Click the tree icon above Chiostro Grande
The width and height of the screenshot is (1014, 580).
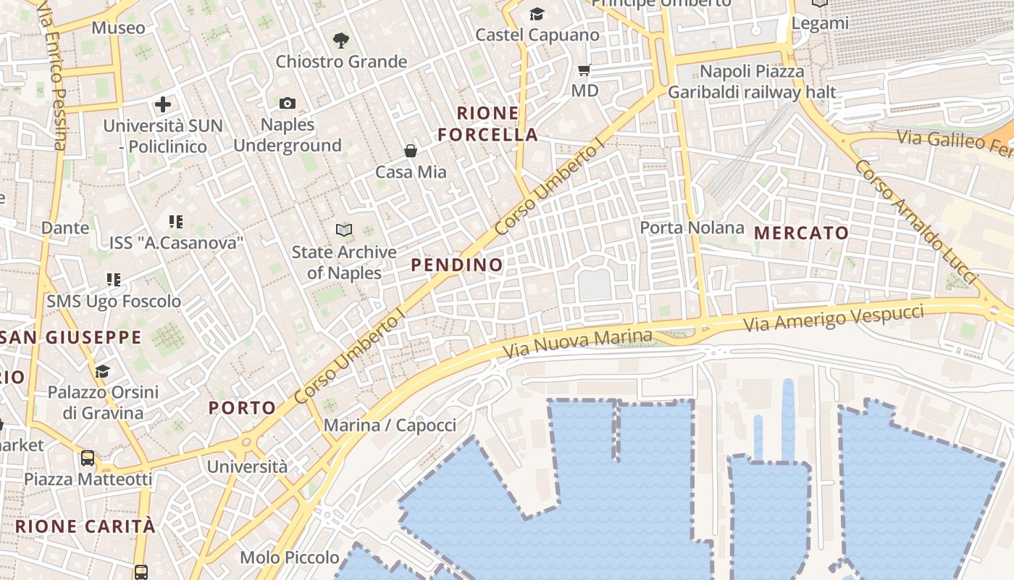340,41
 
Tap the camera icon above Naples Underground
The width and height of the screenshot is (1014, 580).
288,104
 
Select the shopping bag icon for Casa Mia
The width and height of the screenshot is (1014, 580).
411,151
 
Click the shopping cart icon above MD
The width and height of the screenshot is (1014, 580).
584,70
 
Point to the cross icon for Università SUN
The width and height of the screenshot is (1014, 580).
163,104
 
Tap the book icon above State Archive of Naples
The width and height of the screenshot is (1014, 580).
344,231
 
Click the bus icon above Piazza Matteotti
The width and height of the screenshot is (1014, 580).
88,457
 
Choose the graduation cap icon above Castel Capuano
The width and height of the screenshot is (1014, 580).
537,14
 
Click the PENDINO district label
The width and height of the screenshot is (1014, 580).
457,265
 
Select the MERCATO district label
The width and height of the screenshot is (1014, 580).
802,233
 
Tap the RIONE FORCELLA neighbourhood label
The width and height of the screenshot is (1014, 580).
488,124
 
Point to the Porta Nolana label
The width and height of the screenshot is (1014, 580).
692,228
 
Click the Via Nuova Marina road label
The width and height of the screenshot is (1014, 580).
578,344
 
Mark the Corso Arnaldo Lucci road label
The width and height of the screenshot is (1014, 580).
915,222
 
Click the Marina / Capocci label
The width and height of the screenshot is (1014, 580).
390,426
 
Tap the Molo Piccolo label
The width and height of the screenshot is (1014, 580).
289,558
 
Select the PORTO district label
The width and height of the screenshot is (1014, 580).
243,408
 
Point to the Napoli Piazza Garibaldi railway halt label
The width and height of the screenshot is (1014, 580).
752,82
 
